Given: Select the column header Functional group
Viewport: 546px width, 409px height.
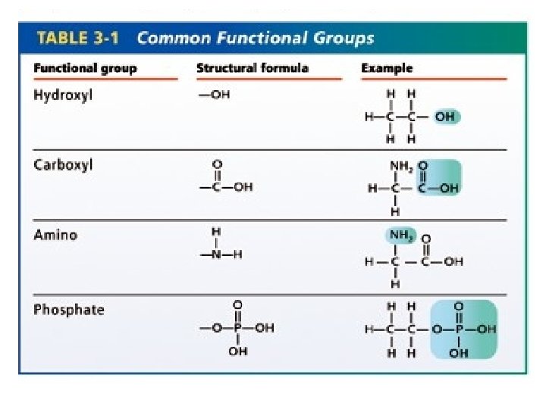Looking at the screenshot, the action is pos(85,68).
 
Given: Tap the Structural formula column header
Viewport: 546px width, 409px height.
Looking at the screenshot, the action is pos(252,68).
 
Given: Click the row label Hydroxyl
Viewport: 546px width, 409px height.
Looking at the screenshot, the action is pos(64,96).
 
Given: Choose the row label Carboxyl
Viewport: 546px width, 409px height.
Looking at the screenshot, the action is pos(63,165).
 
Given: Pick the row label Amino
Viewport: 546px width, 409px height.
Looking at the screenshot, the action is pos(55,235).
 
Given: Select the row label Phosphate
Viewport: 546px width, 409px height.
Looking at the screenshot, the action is pos(69,310).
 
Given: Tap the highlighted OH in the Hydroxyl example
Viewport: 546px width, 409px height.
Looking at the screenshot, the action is pos(445,117).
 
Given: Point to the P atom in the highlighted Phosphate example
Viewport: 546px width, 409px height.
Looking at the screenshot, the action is pos(459,329).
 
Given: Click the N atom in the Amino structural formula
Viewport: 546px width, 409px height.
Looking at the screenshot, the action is pos(216,255).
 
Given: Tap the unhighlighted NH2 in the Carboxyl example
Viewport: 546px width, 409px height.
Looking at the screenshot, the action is pos(399,166).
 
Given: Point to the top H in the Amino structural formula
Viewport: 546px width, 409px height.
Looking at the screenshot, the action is pos(216,231).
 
